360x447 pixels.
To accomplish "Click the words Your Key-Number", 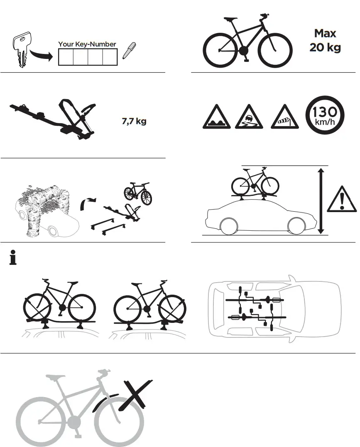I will point(87,44).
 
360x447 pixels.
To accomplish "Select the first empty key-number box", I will point(66,57).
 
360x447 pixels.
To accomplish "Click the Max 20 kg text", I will point(325,40).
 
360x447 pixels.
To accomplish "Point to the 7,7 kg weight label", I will point(134,122).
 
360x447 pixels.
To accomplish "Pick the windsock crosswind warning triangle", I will point(284,118).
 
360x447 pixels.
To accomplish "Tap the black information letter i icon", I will point(13,259).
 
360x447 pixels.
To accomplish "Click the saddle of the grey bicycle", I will point(55,378).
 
